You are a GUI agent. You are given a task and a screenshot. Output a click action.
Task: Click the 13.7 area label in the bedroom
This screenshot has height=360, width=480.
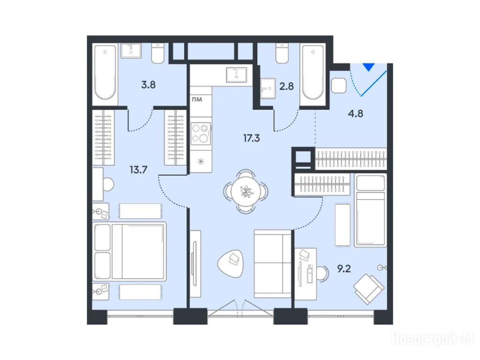click(138, 169)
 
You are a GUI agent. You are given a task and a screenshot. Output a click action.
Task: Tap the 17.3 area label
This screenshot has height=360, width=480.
click(252, 138)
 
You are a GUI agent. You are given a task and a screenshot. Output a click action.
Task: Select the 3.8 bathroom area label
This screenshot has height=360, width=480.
click(148, 84)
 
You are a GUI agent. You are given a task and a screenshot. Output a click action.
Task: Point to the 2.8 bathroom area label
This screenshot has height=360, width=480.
click(286, 86)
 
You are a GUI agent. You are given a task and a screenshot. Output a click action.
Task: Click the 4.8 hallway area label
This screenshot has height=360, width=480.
click(356, 113)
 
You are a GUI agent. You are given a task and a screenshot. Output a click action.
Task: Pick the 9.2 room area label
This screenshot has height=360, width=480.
click(344, 269)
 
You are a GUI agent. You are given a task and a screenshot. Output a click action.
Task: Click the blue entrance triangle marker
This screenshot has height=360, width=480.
click(368, 67)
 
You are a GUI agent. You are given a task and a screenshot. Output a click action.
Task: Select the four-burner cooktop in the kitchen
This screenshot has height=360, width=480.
click(201, 134)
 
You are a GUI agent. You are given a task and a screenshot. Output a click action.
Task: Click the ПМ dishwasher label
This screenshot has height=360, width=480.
click(197, 99)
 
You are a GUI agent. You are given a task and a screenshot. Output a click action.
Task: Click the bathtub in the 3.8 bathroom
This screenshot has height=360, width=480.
click(105, 72)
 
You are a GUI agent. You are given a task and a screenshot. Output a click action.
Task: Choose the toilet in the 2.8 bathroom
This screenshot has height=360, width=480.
click(282, 53)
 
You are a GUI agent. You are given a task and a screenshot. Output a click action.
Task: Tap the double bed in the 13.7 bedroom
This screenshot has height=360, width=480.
click(129, 251)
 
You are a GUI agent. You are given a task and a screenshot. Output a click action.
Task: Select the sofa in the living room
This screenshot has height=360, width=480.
click(272, 263)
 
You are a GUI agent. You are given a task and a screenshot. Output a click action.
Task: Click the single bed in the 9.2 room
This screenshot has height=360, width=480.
click(370, 210)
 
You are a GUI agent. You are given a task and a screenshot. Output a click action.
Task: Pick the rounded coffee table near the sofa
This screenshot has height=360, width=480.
click(231, 262)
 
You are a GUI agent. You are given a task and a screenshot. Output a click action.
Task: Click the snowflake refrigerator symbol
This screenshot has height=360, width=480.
click(201, 161)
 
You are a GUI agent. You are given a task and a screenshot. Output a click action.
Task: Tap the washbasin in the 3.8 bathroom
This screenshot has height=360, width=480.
click(131, 51)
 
